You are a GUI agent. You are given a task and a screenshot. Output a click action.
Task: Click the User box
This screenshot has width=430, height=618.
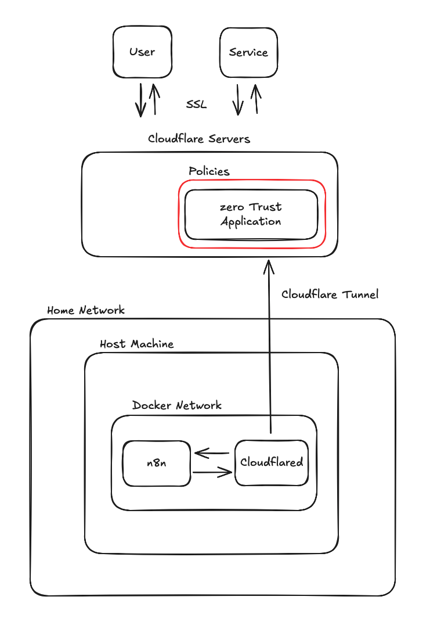142,52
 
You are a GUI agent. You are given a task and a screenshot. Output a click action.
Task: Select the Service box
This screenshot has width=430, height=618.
248,52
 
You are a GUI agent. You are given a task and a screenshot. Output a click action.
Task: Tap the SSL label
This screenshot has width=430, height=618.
196,105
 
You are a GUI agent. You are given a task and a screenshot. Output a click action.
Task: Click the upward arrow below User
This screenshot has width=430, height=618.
154,99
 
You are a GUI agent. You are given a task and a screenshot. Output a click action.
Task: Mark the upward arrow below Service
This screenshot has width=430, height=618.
255,98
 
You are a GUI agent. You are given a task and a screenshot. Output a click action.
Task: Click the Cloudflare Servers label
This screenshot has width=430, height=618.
199,139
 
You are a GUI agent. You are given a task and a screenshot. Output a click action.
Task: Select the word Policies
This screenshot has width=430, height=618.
209,171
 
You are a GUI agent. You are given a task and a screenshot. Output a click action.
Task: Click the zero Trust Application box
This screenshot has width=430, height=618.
251,214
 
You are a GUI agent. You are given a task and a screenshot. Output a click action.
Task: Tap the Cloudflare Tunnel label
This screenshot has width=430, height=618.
330,294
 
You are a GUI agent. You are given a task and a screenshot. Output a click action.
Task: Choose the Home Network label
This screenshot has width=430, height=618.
86,310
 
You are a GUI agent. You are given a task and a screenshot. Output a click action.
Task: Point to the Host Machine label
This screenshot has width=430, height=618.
136,344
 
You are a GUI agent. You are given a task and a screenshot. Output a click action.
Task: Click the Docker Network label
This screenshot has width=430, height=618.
177,405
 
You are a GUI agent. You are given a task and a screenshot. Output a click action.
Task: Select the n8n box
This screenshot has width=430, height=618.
157,463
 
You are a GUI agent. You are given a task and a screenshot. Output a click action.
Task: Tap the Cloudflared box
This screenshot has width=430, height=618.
271,463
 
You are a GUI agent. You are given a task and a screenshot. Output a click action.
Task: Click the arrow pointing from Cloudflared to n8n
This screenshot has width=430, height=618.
212,453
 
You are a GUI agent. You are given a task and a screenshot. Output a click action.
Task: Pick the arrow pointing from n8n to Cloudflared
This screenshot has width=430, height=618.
212,472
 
